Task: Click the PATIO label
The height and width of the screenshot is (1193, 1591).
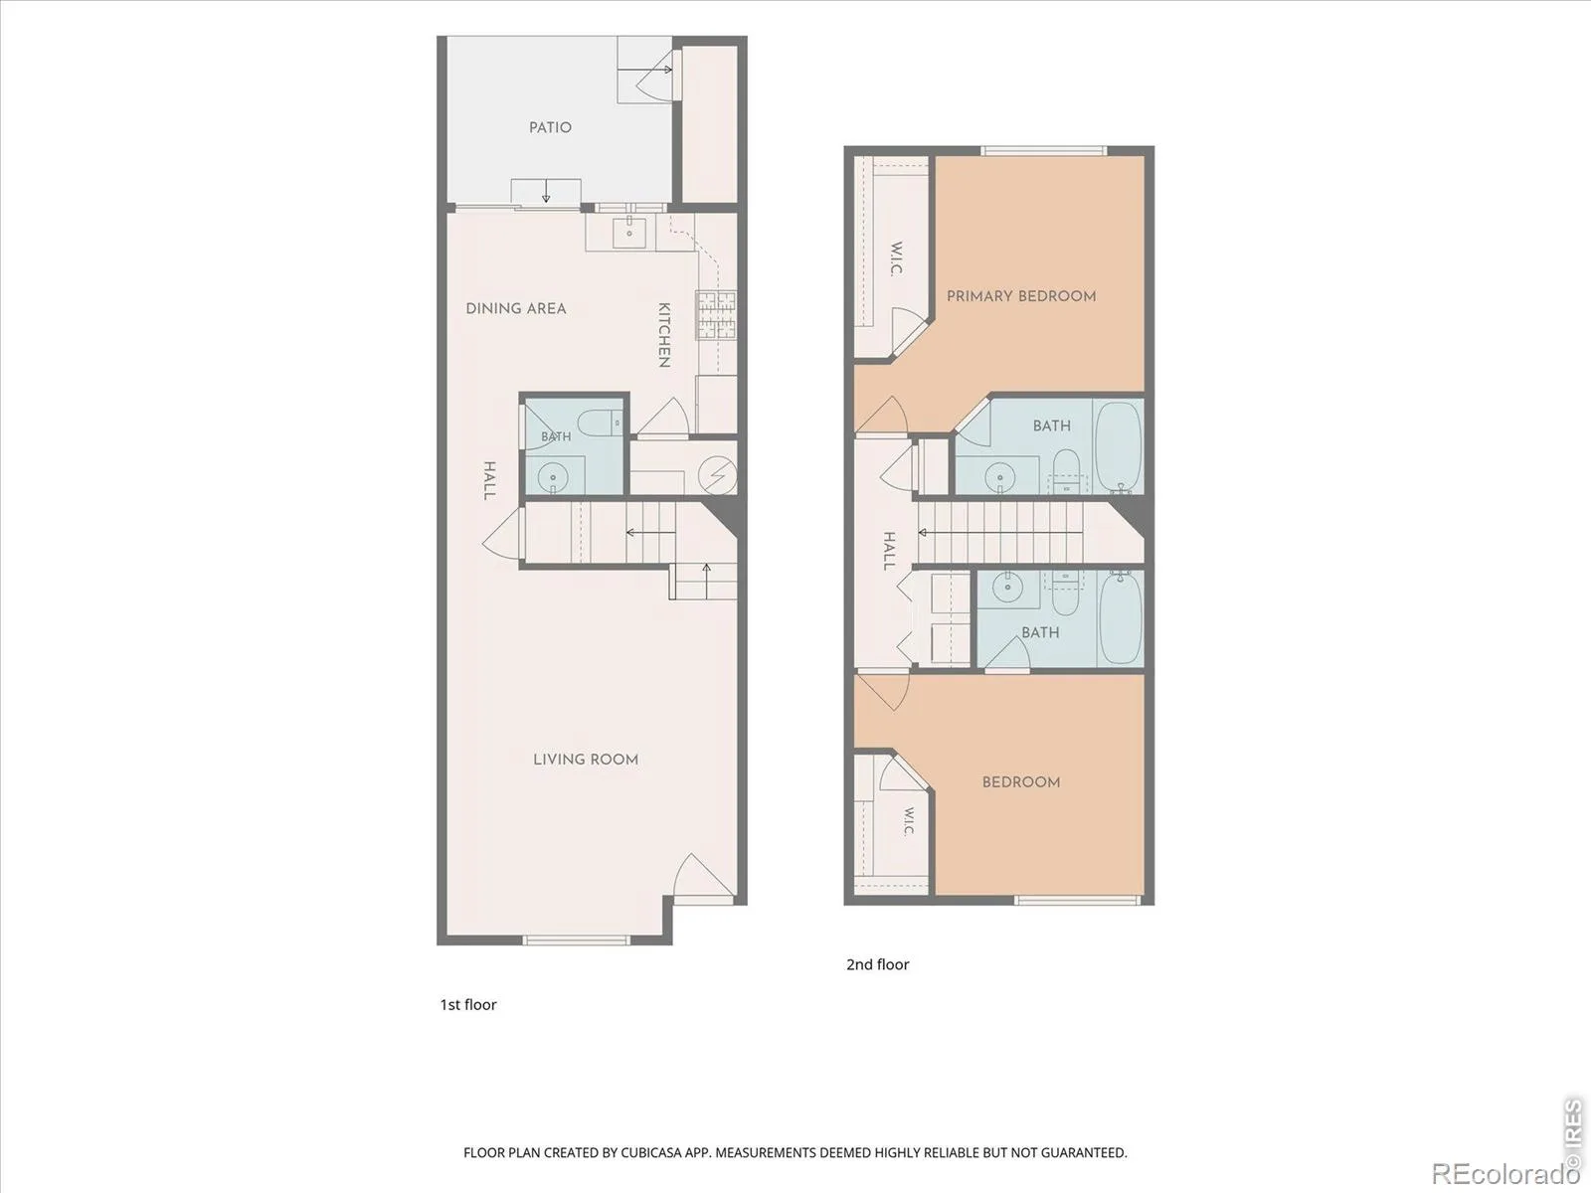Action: point(550,127)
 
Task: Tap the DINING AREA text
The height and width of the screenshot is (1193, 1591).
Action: point(515,308)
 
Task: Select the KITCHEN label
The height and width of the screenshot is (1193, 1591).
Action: point(663,335)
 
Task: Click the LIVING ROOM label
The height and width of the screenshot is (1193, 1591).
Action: point(586,760)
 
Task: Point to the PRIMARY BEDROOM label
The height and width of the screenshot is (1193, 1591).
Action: point(1021,295)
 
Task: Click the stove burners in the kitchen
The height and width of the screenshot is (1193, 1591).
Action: point(717,315)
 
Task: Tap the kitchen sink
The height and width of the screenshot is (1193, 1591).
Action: point(629,234)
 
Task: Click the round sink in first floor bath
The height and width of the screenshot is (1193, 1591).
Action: point(553,477)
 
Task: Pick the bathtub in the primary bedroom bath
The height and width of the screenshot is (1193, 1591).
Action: point(1119,447)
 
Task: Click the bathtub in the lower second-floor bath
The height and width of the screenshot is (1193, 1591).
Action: point(1121,617)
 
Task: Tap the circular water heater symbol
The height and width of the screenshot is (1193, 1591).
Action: point(718,476)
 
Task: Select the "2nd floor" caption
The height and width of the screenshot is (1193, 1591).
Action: point(877,964)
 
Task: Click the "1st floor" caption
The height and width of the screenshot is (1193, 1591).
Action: point(468,1005)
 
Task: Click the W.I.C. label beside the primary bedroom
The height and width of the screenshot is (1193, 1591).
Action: point(896,258)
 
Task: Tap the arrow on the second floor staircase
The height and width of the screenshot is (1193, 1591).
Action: point(1000,533)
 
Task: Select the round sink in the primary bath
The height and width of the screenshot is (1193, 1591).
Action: point(999,477)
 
